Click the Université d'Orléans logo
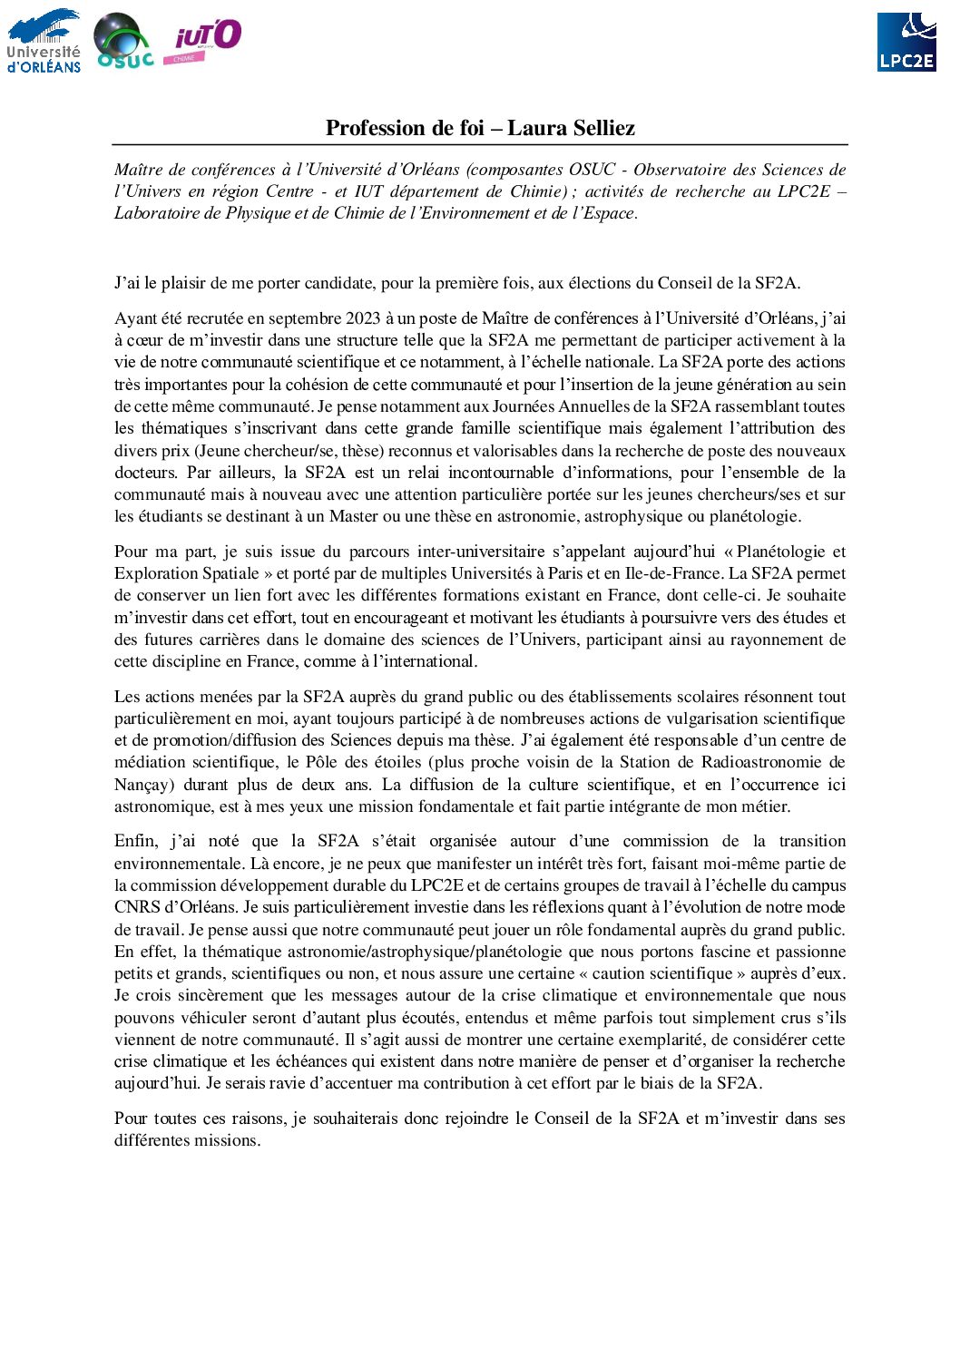coord(44,41)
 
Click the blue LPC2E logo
coord(906,42)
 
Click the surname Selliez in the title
coord(598,128)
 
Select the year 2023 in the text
coord(363,318)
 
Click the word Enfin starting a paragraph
coord(135,841)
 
